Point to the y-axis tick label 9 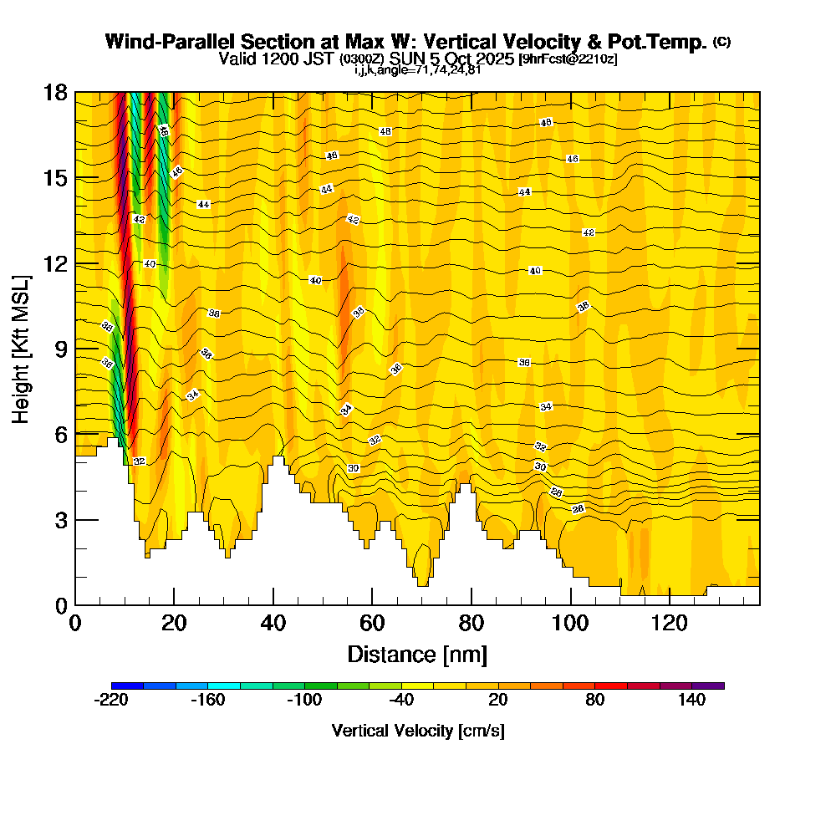[x=60, y=349]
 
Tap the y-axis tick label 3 [x=60, y=519]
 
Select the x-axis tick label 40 [x=273, y=624]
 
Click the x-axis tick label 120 [x=670, y=624]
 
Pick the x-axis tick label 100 [x=571, y=624]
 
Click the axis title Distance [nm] [x=417, y=654]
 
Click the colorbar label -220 [x=111, y=701]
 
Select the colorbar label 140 [x=692, y=701]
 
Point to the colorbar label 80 [x=595, y=701]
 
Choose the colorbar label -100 [x=304, y=701]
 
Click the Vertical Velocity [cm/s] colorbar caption [x=418, y=731]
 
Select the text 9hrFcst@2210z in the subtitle [x=568, y=59]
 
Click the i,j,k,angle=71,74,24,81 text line [x=418, y=69]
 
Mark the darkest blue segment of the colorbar [x=127, y=686]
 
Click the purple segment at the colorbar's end [x=708, y=686]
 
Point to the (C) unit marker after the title [x=721, y=41]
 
